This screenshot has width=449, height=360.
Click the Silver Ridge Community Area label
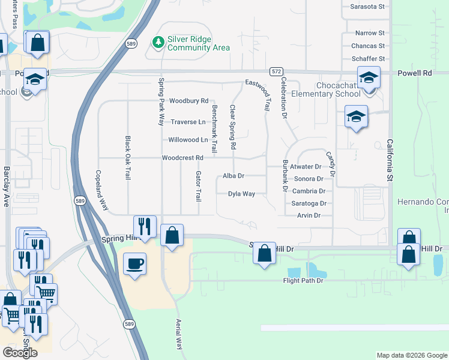pyautogui.click(x=198, y=43)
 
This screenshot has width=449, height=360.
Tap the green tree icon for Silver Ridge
pyautogui.click(x=158, y=42)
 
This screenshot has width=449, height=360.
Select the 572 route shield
pyautogui.click(x=276, y=71)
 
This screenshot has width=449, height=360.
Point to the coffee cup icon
pyautogui.click(x=134, y=263)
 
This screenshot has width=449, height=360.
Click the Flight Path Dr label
pyautogui.click(x=303, y=280)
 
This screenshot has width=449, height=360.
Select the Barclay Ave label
pyautogui.click(x=7, y=186)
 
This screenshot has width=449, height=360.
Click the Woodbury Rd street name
pyautogui.click(x=188, y=101)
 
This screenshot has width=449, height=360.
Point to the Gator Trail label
pyautogui.click(x=197, y=186)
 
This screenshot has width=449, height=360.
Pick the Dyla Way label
pyautogui.click(x=241, y=194)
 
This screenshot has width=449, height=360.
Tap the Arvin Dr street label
pyautogui.click(x=309, y=215)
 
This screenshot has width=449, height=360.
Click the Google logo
pyautogui.click(x=20, y=352)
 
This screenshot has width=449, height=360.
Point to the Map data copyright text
pyautogui.click(x=411, y=355)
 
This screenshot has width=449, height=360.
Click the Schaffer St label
pyautogui.click(x=368, y=59)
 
